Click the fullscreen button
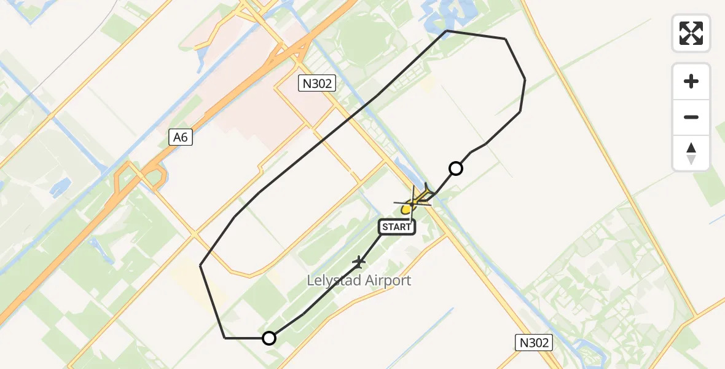pos(691,33)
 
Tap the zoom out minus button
pos(691,117)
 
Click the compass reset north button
pos(691,153)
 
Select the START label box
pos(397,227)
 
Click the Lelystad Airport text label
pos(359,281)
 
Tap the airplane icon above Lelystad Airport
pos(359,263)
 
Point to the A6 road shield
pos(181,138)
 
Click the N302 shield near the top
pos(317,84)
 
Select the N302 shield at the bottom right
pos(533,343)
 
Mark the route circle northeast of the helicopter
pos(456,168)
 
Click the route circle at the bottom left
pos(268,338)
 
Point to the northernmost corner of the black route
pos(447,31)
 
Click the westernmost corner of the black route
pos(201,265)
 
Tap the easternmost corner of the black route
pos(525,79)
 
